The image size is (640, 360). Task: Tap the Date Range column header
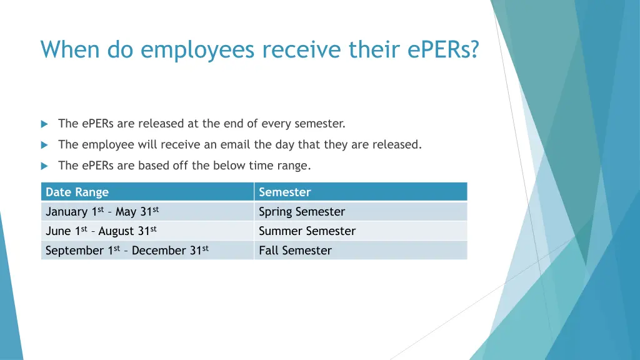77,192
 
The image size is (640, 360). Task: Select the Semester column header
284,192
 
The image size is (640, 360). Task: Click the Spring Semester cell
302,212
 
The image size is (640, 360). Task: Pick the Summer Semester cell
307,231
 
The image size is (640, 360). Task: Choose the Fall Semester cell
295,251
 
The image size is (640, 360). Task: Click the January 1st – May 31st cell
106,212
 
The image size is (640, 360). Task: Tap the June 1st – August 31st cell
101,231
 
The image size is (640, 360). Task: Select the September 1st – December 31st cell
127,251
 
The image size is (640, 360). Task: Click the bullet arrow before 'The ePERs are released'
44,124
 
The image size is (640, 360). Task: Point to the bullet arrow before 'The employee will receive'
44,145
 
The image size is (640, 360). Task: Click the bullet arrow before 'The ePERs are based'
44,166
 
